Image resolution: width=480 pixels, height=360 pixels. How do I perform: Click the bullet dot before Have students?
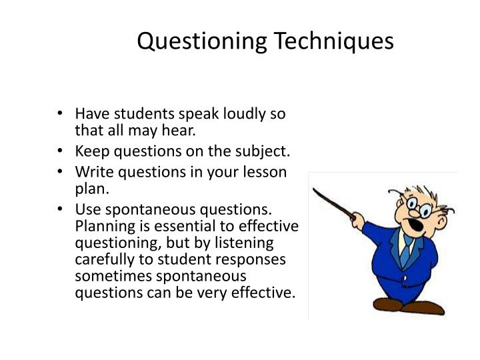61,114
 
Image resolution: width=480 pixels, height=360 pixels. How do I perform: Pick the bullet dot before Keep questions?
61,150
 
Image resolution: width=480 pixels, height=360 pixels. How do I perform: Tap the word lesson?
267,171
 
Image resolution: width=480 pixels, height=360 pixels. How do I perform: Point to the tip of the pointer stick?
315,189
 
